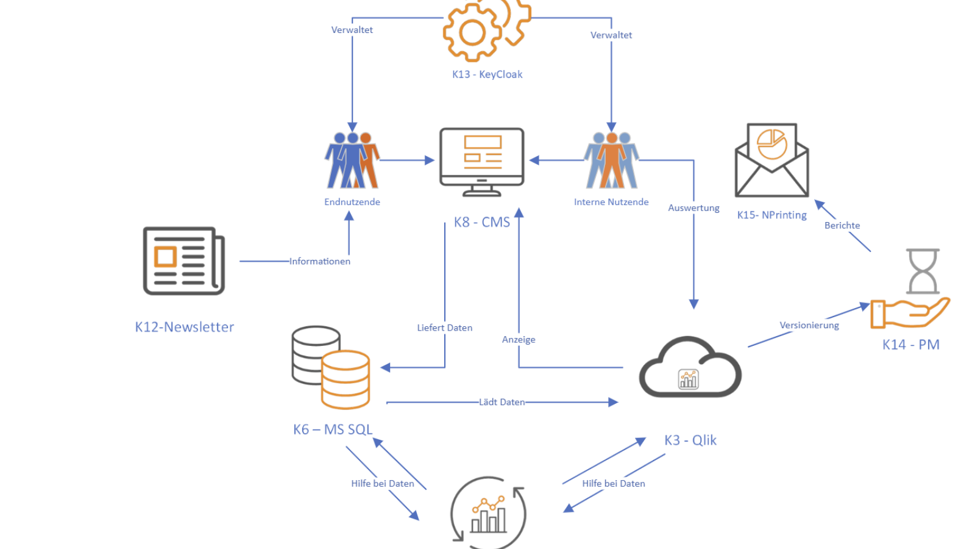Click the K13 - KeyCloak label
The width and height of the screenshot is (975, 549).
pos(487,74)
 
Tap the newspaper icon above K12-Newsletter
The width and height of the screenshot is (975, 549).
pos(184,261)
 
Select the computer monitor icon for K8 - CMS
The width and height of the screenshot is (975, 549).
pos(482,162)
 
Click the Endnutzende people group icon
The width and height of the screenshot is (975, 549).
pos(352,160)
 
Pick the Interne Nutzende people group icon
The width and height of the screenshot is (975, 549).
pos(612,160)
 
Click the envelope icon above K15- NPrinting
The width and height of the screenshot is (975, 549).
pos(771,160)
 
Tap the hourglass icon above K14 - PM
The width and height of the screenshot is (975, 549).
pos(923,271)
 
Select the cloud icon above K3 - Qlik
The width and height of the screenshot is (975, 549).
pos(690,367)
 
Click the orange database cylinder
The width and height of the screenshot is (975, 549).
pos(346,379)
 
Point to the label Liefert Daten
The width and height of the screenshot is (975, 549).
pos(444,328)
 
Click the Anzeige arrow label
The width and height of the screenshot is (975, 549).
pos(519,339)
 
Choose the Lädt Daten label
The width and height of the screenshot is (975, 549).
pos(502,402)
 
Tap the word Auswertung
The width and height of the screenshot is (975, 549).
pos(694,208)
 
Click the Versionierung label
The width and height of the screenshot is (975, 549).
pos(809,325)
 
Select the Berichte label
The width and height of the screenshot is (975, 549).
pos(842,225)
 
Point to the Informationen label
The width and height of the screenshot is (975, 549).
pos(320,262)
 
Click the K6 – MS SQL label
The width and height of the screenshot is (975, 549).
pos(333,429)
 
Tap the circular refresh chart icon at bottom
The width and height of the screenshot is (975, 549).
pos(488,512)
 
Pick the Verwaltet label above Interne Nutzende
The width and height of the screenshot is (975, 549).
pos(611,35)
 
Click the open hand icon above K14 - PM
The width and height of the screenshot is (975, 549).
pos(910,313)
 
